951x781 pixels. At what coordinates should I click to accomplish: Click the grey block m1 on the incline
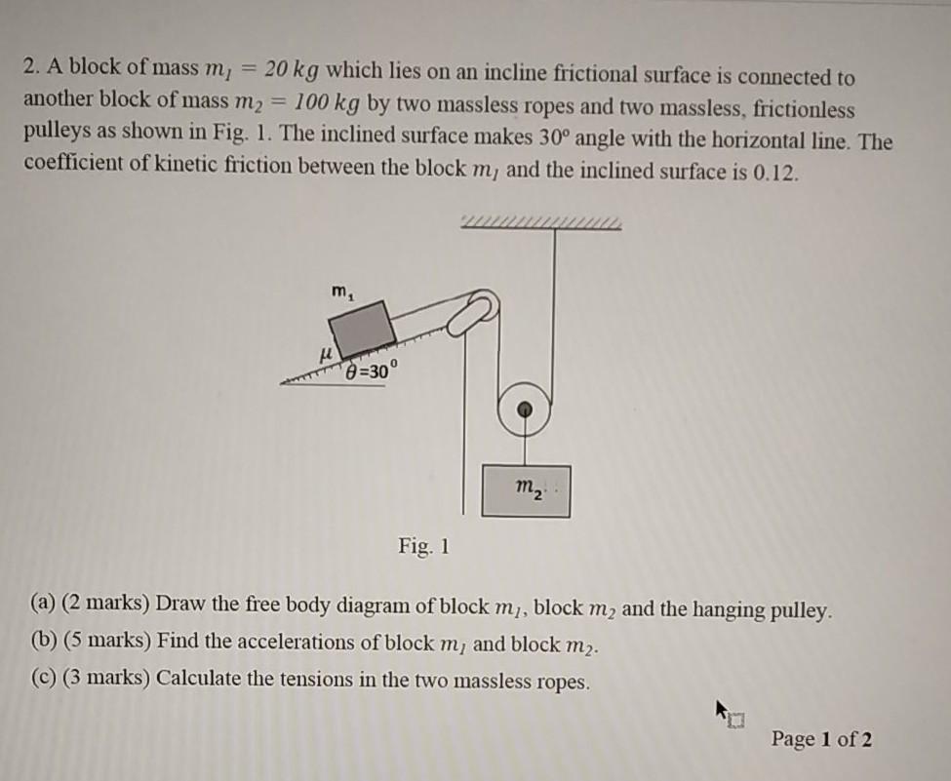[361, 327]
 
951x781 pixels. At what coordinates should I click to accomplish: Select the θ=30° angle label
[371, 371]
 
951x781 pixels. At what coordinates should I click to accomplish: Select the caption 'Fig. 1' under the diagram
[424, 546]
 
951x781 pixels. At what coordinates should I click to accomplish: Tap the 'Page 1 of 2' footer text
[821, 739]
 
